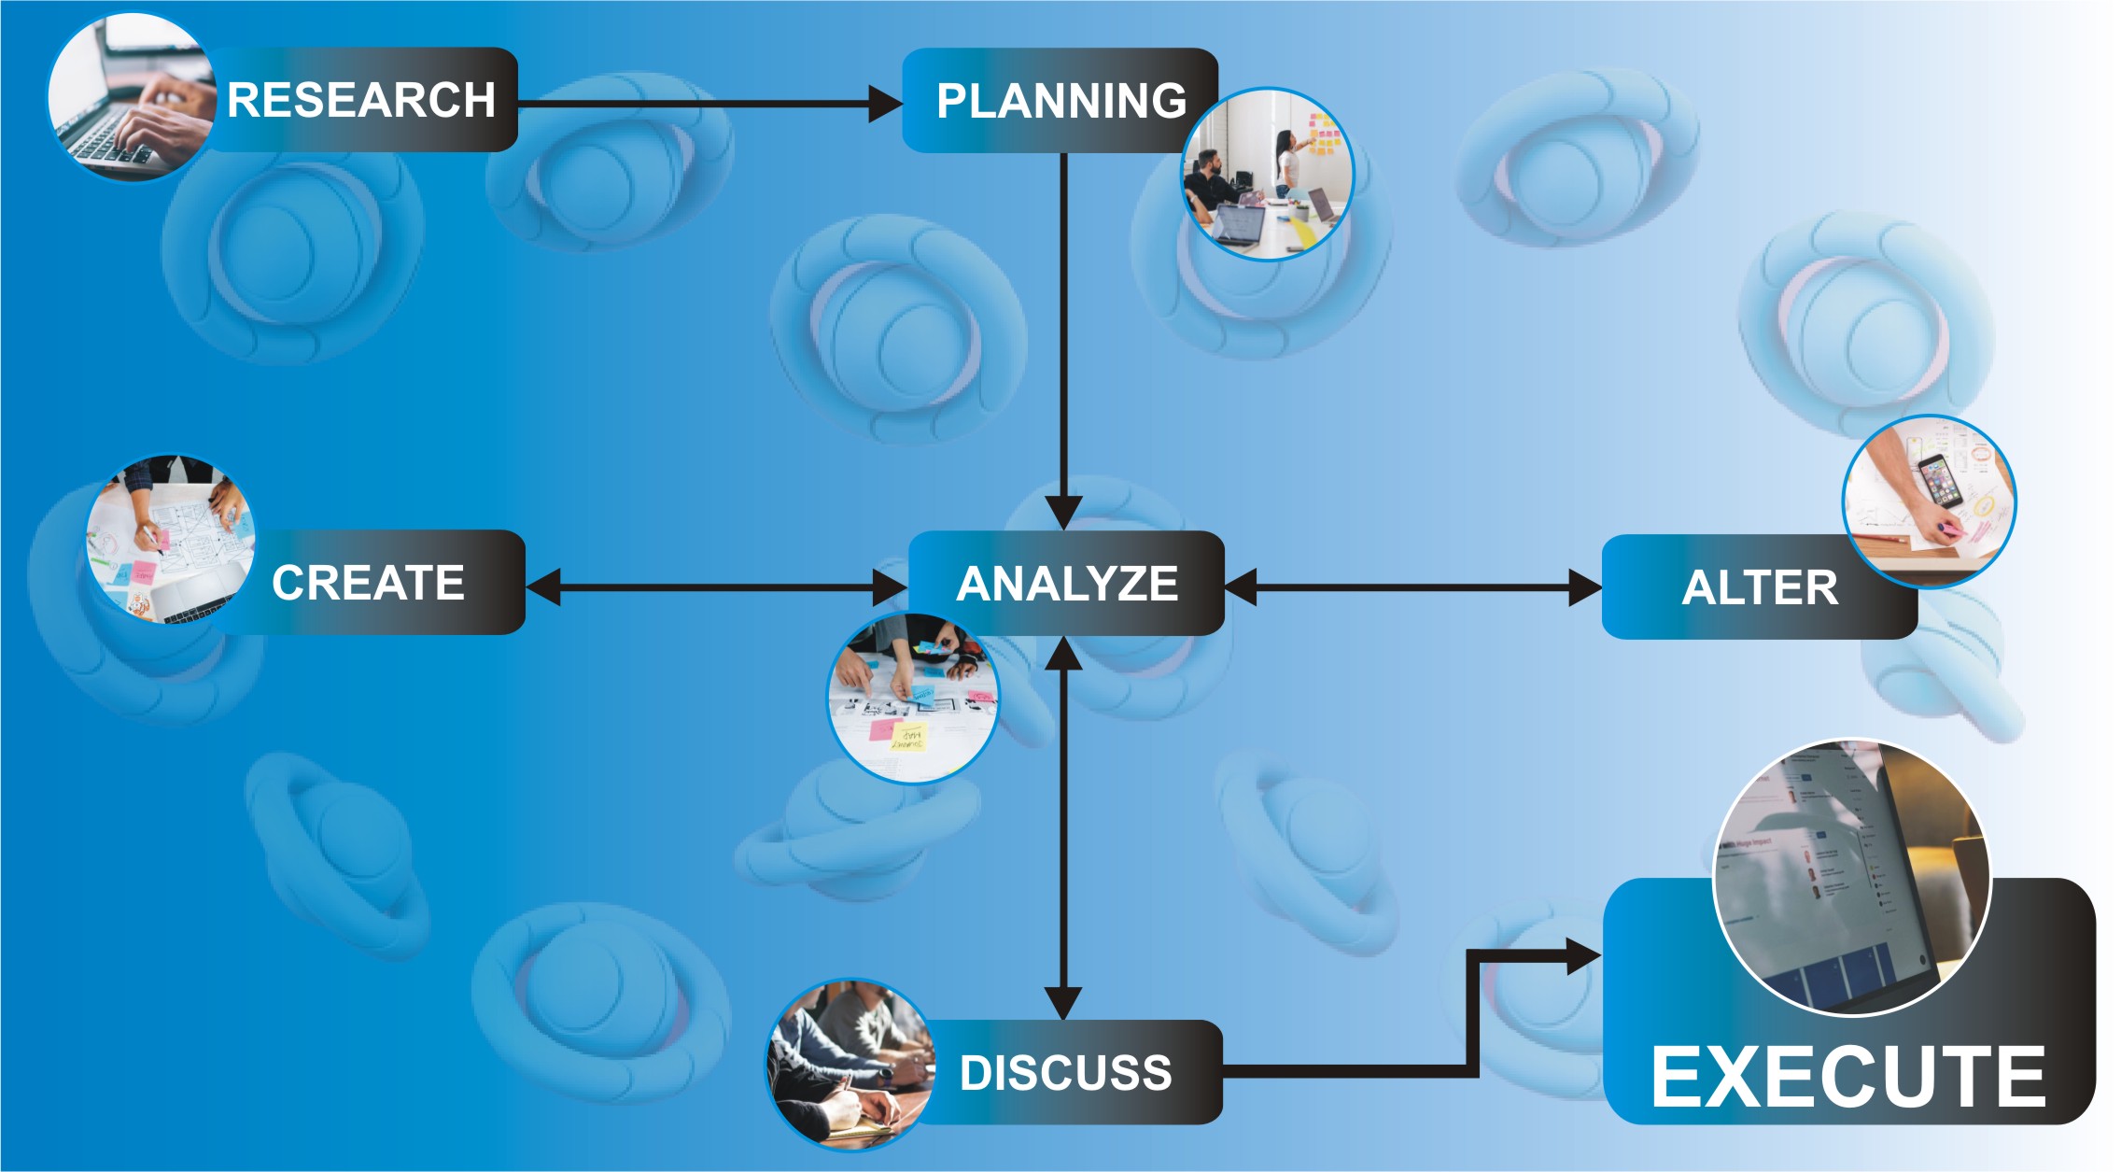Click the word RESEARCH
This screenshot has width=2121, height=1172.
point(361,100)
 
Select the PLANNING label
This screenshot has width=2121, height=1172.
point(1061,101)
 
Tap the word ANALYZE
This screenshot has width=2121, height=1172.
point(1067,584)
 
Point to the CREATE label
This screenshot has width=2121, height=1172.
point(368,583)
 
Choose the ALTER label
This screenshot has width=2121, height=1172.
point(1760,587)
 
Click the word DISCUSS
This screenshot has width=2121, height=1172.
point(1065,1073)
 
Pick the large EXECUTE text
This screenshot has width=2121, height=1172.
point(1848,1077)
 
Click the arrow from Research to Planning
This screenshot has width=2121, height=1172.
point(710,104)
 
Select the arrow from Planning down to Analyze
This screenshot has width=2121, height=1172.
point(1063,342)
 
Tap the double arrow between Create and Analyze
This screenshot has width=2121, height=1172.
point(717,587)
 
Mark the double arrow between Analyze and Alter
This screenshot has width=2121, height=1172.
point(1412,587)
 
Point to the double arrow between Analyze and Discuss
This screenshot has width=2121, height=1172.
point(1063,828)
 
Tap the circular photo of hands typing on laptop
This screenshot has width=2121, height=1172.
point(133,97)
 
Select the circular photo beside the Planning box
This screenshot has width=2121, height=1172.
point(1268,175)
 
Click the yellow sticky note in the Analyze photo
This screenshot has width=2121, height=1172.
point(907,737)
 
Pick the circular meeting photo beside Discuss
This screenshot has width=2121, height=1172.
point(850,1065)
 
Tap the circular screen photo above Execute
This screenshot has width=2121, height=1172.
point(1852,878)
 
